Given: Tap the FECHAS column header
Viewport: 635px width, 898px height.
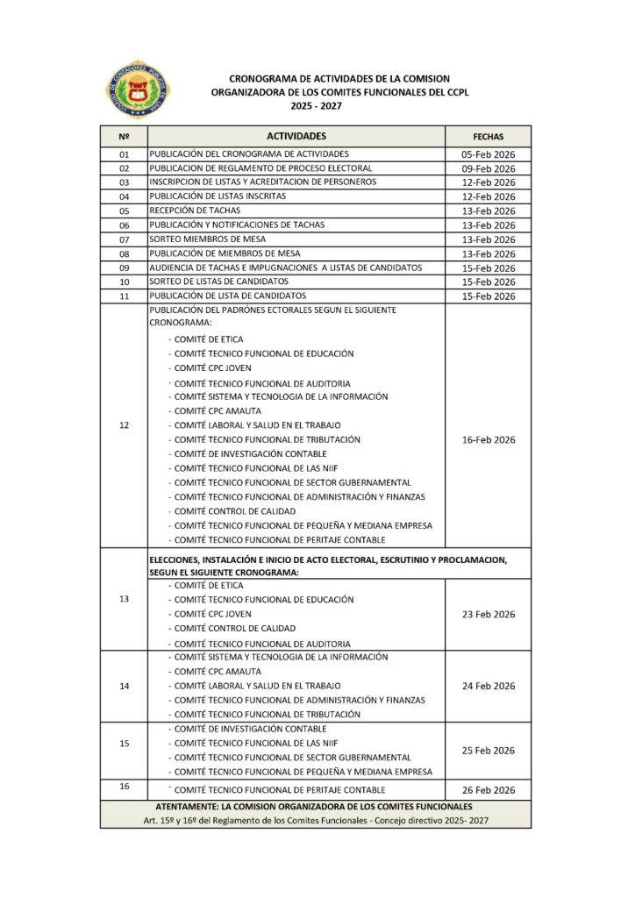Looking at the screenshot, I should point(488,138).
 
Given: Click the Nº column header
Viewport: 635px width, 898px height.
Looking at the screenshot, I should point(123,138).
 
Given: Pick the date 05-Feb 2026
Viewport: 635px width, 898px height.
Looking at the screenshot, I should point(488,153).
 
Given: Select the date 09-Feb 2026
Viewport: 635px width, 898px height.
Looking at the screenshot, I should point(488,167).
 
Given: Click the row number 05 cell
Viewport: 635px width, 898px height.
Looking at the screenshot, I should point(123,210).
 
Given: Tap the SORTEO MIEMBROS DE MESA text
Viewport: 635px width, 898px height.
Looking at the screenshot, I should point(207,239).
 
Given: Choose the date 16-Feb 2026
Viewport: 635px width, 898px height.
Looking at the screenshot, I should point(488,439).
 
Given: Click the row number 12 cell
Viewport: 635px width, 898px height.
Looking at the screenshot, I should point(123,425).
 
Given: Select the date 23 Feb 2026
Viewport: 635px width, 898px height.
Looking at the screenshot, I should point(488,614).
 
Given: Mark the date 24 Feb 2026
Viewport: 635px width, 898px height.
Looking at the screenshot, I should point(488,686).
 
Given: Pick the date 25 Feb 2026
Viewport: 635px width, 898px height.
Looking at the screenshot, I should point(488,750).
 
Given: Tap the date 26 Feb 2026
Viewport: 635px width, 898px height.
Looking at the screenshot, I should point(488,790).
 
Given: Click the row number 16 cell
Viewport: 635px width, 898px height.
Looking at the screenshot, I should point(123,787).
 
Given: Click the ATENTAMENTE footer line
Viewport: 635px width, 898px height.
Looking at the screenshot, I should point(313,805).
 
